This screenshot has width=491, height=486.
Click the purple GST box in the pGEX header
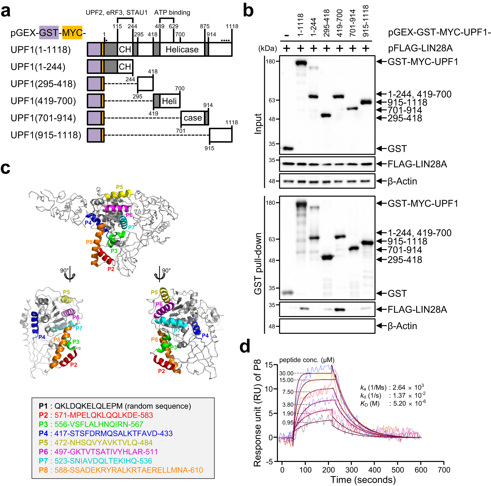point(49,32)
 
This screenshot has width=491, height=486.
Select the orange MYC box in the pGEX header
point(72,32)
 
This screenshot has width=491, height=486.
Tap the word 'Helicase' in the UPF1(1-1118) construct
point(182,49)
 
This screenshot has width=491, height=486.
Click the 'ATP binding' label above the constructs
point(172,13)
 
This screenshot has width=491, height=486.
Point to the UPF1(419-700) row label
point(43,101)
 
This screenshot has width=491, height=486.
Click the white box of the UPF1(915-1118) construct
point(221,135)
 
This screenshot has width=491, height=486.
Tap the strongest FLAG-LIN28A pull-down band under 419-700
point(340,310)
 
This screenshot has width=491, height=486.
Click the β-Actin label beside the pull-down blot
point(402,326)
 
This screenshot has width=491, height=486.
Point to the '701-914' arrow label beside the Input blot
point(404,110)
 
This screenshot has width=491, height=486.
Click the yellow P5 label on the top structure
point(120,187)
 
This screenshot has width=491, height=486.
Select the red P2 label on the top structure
point(111,269)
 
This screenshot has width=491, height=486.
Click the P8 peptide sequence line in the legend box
point(121,470)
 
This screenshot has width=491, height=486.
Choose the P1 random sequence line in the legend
point(115,406)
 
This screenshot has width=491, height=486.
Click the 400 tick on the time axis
point(374,470)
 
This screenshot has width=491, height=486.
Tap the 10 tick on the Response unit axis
point(269,389)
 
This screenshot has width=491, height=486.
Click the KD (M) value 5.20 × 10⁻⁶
point(409,404)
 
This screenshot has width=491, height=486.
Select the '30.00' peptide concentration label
point(286,373)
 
